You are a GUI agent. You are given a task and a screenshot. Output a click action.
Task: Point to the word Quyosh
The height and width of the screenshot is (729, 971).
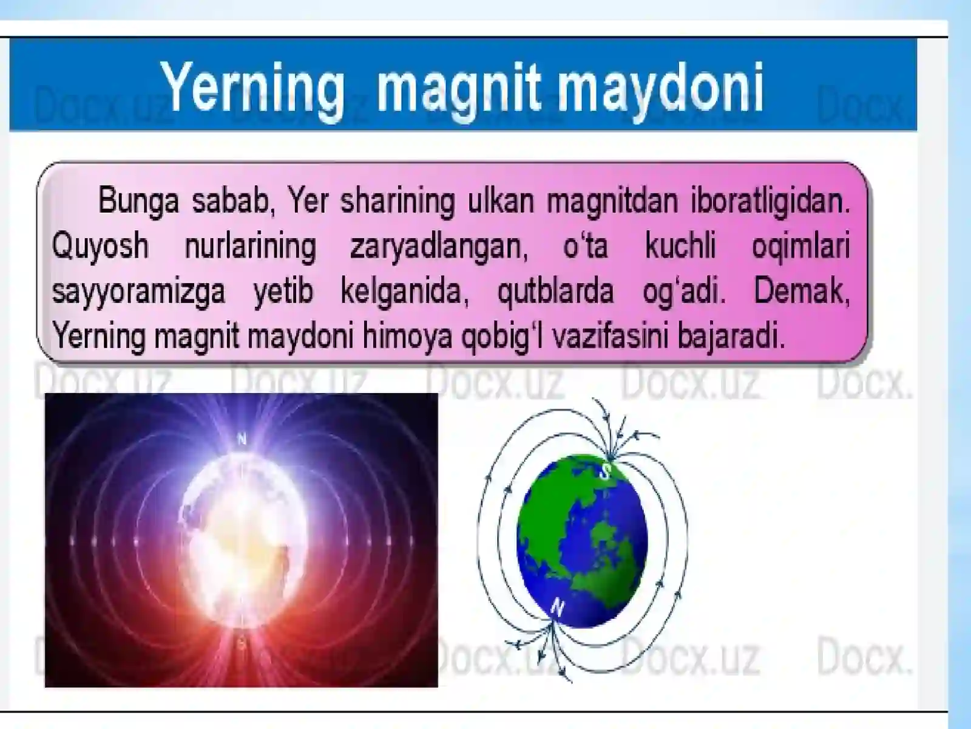[100, 247]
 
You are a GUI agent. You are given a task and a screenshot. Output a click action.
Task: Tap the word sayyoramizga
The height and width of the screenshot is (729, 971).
[138, 292]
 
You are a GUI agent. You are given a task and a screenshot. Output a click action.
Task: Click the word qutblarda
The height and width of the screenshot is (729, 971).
[555, 291]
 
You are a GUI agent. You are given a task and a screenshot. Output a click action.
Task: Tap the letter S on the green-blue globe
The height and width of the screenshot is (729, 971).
[606, 471]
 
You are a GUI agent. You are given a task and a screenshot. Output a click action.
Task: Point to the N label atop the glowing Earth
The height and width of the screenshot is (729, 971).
[242, 439]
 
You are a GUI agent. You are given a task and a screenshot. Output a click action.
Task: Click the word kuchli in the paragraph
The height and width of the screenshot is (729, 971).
[680, 246]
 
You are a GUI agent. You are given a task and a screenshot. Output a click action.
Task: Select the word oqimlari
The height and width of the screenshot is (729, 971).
[800, 247]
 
